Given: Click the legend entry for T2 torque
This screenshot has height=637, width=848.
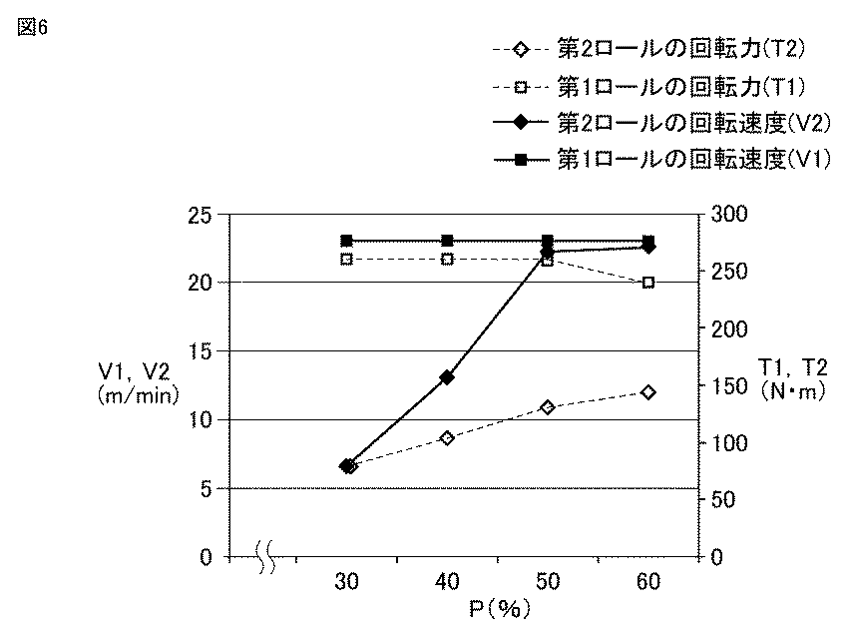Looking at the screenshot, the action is click(x=649, y=49).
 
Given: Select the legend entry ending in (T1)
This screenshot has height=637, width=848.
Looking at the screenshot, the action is click(x=649, y=87).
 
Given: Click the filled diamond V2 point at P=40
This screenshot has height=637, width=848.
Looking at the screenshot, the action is click(x=447, y=377).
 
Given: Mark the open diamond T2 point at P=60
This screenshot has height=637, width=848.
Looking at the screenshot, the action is click(x=648, y=391).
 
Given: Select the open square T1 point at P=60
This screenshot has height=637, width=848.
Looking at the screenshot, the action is click(x=648, y=282).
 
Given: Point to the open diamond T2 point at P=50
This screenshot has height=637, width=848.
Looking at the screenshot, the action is click(x=548, y=407).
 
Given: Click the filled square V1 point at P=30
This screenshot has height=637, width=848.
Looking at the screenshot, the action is click(x=346, y=241).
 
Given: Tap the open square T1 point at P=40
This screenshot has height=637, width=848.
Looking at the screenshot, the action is click(x=447, y=260).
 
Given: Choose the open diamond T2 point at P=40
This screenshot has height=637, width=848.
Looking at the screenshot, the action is click(x=447, y=438).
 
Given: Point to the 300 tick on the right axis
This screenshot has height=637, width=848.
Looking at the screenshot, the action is click(x=728, y=214).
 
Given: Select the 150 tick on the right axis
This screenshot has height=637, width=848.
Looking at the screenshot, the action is click(x=728, y=386).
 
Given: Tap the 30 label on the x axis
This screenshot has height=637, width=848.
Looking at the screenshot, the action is click(x=346, y=582).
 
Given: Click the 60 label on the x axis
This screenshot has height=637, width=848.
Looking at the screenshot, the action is click(x=648, y=582).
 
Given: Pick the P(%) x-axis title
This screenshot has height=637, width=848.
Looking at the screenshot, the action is click(x=499, y=609).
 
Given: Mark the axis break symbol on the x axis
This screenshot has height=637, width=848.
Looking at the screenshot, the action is click(x=265, y=556).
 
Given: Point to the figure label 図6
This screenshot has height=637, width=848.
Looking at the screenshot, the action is click(x=33, y=27).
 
